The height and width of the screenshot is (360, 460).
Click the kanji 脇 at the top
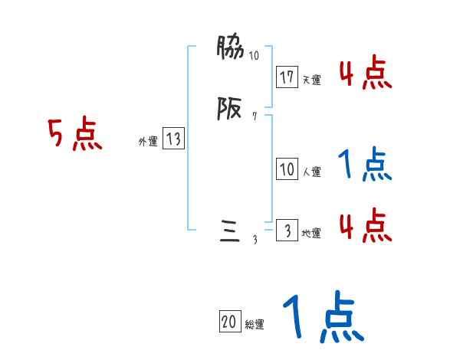230,50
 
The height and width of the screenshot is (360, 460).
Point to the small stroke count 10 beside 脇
254,56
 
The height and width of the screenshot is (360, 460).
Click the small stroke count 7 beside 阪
255,117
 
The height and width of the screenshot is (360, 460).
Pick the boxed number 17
287,77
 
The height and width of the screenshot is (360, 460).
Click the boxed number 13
173,139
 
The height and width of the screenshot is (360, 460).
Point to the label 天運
311,80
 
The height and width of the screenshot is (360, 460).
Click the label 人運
311,172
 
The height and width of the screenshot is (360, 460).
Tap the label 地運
311,234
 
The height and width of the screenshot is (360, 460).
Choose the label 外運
147,141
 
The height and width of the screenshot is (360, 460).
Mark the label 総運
255,325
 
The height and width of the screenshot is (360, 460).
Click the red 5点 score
75,136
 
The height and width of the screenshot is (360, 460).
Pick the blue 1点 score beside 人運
364,164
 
